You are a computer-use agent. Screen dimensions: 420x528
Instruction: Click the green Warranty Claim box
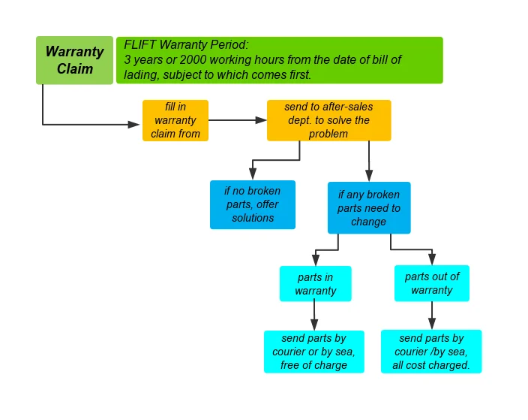click(x=74, y=60)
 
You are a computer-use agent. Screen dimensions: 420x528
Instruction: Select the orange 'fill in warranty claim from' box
click(x=175, y=120)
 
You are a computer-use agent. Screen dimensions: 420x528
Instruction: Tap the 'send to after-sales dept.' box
click(x=328, y=120)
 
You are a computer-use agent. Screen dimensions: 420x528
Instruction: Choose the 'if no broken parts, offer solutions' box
click(x=253, y=204)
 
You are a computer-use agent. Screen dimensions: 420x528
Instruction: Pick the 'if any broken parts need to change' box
click(x=368, y=208)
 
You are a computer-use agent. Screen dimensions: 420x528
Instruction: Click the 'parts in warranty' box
click(x=315, y=284)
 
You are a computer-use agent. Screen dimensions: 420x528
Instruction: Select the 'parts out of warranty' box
click(x=431, y=283)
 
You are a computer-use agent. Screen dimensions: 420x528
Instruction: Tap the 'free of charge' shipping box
click(x=313, y=352)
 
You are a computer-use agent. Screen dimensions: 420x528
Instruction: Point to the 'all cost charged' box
click(x=431, y=352)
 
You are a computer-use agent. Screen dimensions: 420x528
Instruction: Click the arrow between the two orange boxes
click(x=237, y=119)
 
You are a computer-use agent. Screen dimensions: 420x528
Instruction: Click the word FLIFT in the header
click(x=140, y=44)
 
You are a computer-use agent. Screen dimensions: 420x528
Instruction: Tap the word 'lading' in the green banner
click(x=140, y=74)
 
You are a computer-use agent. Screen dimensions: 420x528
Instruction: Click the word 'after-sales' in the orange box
click(x=346, y=107)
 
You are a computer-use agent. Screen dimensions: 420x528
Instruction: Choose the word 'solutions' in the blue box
click(x=253, y=218)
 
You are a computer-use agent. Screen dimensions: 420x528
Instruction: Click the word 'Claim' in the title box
click(x=75, y=68)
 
